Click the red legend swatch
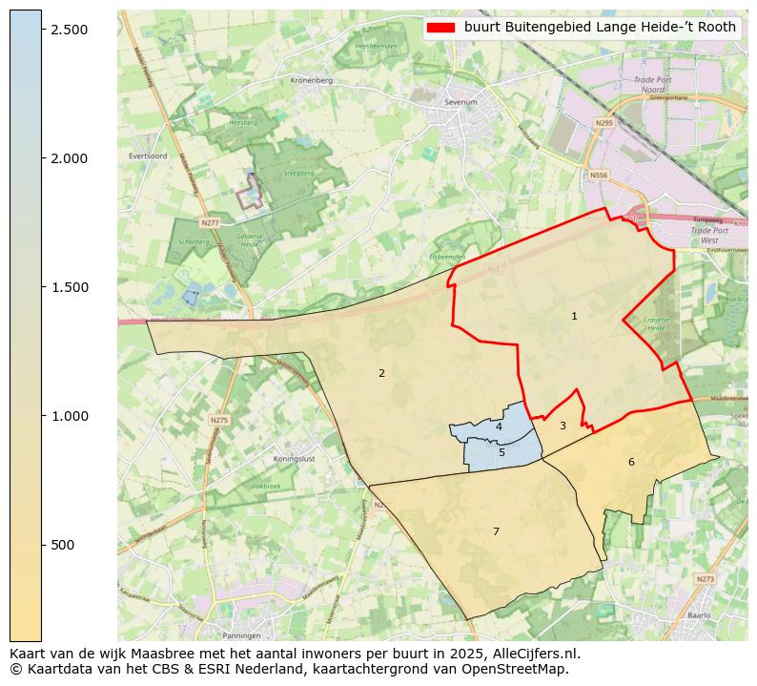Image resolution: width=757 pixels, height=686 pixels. [441, 28]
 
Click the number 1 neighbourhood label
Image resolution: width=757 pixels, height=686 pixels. [574, 316]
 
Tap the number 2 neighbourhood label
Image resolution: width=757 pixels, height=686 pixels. [381, 373]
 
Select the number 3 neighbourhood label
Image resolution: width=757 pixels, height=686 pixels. [563, 426]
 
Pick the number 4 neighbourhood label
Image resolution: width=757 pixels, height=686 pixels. [499, 426]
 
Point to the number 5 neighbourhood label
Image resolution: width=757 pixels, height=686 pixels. [501, 452]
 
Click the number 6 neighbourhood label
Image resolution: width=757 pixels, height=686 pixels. [631, 462]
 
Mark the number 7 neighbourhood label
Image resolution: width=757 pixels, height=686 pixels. [496, 531]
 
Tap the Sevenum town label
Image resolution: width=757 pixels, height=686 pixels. [460, 100]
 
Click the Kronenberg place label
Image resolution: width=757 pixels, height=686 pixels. [311, 81]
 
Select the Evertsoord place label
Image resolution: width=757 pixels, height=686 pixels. [148, 156]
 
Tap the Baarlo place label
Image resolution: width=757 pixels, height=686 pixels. [700, 615]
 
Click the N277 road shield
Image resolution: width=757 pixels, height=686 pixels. [210, 222]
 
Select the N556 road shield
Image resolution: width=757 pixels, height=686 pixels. [598, 176]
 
